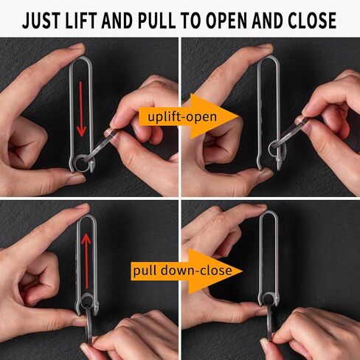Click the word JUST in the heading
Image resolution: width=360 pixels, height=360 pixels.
[41, 21]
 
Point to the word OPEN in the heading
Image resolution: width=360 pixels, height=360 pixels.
[226, 21]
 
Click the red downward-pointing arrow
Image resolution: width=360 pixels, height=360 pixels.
[81, 109]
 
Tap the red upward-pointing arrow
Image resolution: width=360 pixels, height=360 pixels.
[86, 261]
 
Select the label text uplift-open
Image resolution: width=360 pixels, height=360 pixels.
[182, 117]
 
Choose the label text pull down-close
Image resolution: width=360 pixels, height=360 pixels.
[182, 271]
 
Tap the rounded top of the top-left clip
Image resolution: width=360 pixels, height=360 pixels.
[81, 58]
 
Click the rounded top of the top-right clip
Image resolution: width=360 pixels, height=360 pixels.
[269, 57]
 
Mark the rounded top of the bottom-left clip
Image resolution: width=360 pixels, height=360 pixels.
[86, 215]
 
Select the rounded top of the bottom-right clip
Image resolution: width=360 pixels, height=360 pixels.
[269, 212]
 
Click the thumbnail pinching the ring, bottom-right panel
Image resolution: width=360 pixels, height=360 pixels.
[265, 344]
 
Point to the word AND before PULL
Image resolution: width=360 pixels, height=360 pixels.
[117, 21]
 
